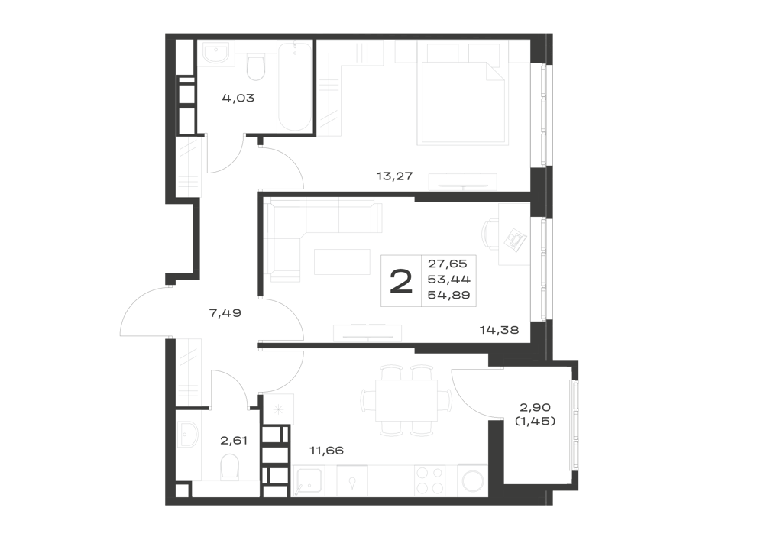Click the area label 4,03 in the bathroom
pos(238,99)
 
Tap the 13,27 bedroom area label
pos(394,176)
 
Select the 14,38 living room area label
pos(499,330)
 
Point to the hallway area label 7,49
pos(225,313)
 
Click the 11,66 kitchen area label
pos(326,451)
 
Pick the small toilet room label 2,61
pos(234,441)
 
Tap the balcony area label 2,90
pos(535,406)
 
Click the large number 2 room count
pos(401,282)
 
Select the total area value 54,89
pos(448,295)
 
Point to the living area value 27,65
pos(447,264)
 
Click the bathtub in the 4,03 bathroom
pos(295,87)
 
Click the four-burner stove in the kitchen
pos(429,480)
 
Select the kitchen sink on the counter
pos(308,480)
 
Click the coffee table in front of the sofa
pos(342,262)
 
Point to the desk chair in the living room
pos(490,234)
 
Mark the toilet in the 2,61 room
pos(229,467)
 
